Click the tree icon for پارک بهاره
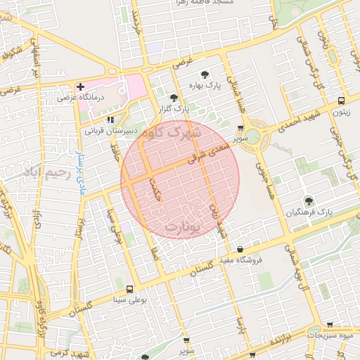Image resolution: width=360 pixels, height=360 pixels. [205, 74]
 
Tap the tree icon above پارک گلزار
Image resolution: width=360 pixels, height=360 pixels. [174, 98]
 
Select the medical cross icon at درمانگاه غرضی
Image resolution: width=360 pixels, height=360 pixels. [80, 86]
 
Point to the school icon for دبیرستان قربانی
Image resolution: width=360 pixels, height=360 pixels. [110, 120]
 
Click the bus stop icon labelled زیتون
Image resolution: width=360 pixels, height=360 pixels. [341, 101]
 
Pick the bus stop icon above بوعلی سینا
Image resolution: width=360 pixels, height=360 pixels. [129, 289]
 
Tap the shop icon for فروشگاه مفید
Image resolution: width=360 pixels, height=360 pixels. [240, 249]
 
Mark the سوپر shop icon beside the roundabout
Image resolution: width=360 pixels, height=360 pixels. [241, 129]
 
